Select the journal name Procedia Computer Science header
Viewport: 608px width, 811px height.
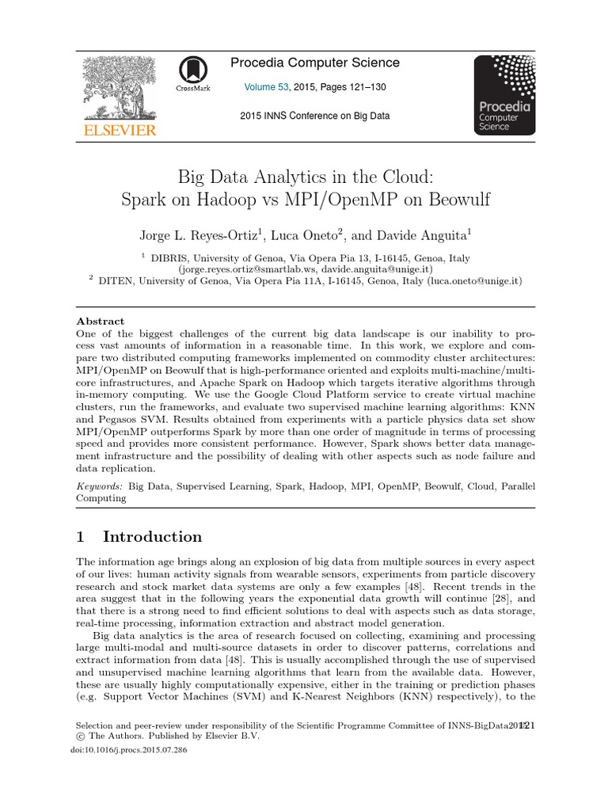pos(314,63)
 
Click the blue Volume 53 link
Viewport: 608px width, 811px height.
pos(266,87)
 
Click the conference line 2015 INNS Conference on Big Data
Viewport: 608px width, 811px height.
pos(314,116)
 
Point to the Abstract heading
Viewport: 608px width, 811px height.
pos(100,321)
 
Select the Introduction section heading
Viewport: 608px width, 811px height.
pos(152,536)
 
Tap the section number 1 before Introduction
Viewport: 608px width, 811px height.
pos(80,536)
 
